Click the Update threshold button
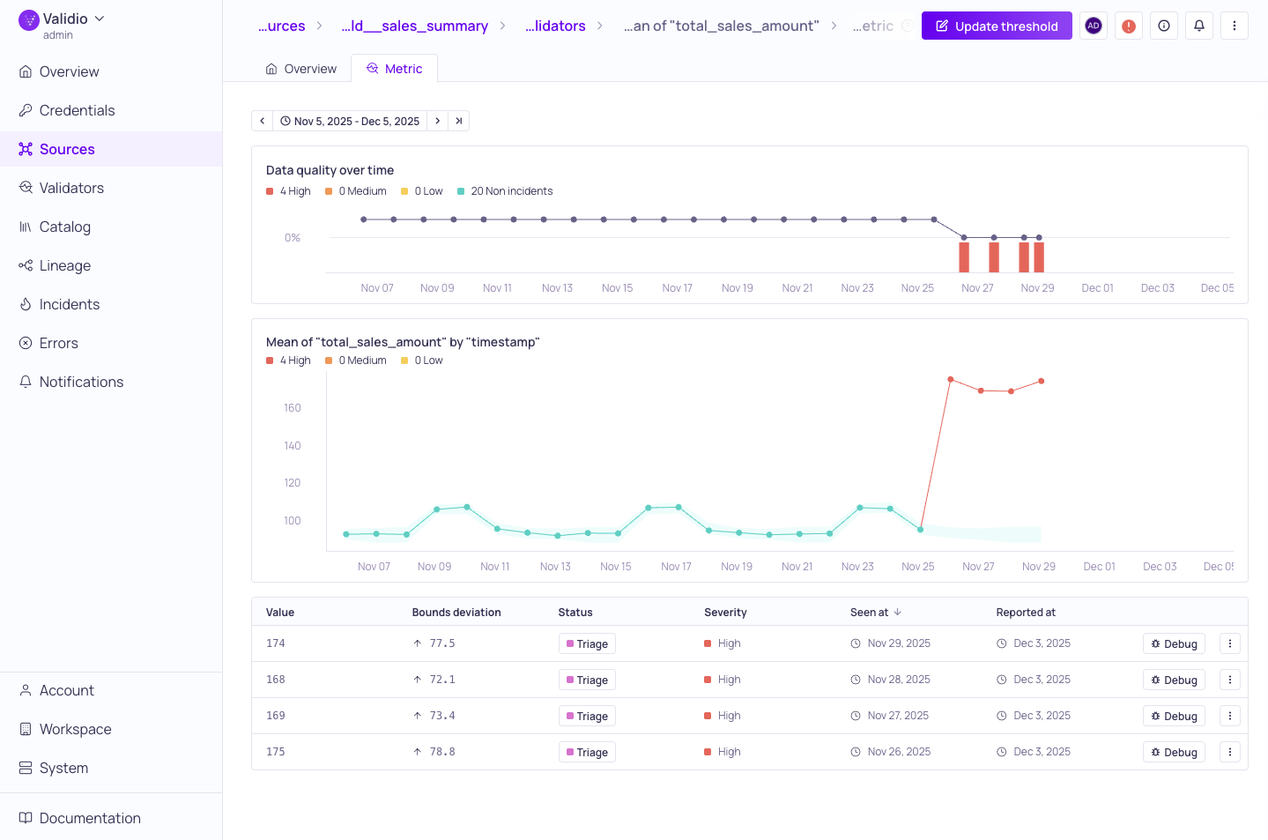996,26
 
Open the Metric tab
395,69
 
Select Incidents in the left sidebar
69,304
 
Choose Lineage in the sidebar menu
64,265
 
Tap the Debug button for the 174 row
1173,644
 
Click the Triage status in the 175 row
587,753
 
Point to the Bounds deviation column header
456,613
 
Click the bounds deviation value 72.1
442,680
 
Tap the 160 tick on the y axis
293,408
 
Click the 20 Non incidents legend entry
511,191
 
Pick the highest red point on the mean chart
951,380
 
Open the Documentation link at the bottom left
89,818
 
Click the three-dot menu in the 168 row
1230,680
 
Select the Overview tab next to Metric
301,69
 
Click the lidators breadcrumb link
555,26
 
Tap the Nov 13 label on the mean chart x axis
555,567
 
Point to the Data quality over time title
330,170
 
